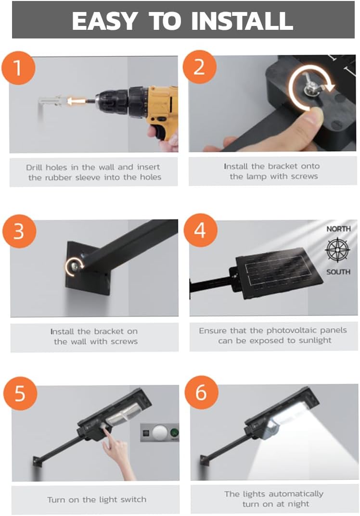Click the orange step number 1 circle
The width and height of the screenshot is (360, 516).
(18, 67)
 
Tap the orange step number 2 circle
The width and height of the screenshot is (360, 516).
(199, 67)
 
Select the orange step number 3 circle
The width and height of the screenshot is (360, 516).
(19, 231)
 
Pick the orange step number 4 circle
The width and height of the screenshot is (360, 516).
(200, 230)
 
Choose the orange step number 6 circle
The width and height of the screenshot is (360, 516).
(201, 392)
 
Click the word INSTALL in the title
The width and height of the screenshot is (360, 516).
(242, 20)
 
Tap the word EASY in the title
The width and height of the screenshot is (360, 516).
(104, 20)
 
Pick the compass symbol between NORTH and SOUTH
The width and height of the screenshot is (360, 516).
(337, 250)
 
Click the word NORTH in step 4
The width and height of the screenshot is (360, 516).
(338, 229)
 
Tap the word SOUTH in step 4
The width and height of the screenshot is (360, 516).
(338, 272)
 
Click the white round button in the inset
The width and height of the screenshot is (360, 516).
(160, 432)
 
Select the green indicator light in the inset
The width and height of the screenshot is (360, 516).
(175, 432)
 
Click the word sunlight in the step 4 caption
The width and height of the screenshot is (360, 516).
(315, 340)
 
